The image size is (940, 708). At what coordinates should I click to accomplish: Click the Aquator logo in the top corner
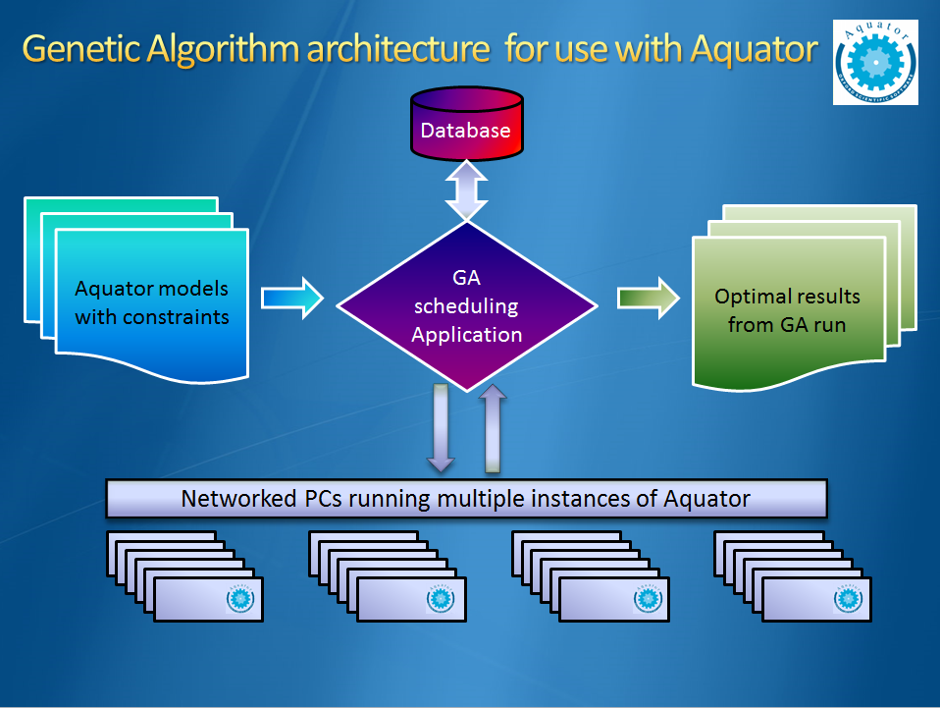point(876,61)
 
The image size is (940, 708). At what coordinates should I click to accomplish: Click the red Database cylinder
point(466,125)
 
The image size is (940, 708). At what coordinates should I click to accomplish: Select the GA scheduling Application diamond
point(467,306)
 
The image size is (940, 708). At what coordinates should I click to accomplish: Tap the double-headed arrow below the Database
point(466,191)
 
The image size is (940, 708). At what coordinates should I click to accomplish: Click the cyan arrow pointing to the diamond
point(291,298)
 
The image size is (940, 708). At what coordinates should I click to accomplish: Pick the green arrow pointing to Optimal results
point(649,298)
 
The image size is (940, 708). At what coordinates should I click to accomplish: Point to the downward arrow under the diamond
point(440,427)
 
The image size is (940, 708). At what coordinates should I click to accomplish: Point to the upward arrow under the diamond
point(494,427)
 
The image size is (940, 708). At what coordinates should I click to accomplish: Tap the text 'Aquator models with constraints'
point(152,302)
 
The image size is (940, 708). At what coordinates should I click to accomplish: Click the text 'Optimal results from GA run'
point(787,310)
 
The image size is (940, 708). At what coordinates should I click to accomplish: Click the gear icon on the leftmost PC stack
point(239,599)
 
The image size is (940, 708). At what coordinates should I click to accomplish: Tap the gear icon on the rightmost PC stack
point(846,599)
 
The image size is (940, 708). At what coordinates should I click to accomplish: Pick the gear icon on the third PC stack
point(644,599)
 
